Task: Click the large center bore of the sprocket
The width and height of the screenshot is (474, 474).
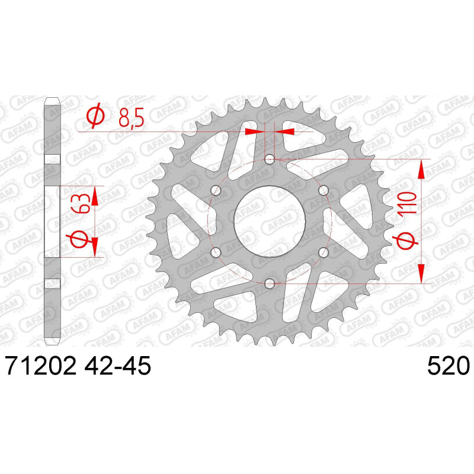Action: pyautogui.click(x=269, y=220)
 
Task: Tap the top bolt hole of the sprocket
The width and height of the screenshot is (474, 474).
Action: pyautogui.click(x=269, y=159)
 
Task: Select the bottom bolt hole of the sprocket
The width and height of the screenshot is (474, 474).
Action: pyautogui.click(x=269, y=283)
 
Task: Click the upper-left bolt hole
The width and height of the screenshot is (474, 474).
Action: pyautogui.click(x=215, y=191)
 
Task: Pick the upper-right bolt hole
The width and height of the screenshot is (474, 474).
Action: pyautogui.click(x=323, y=191)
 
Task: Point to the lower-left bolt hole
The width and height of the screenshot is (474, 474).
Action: pyautogui.click(x=215, y=252)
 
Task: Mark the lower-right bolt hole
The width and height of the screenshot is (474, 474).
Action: pyautogui.click(x=323, y=252)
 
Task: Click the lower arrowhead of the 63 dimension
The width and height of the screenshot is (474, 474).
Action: pyautogui.click(x=95, y=246)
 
